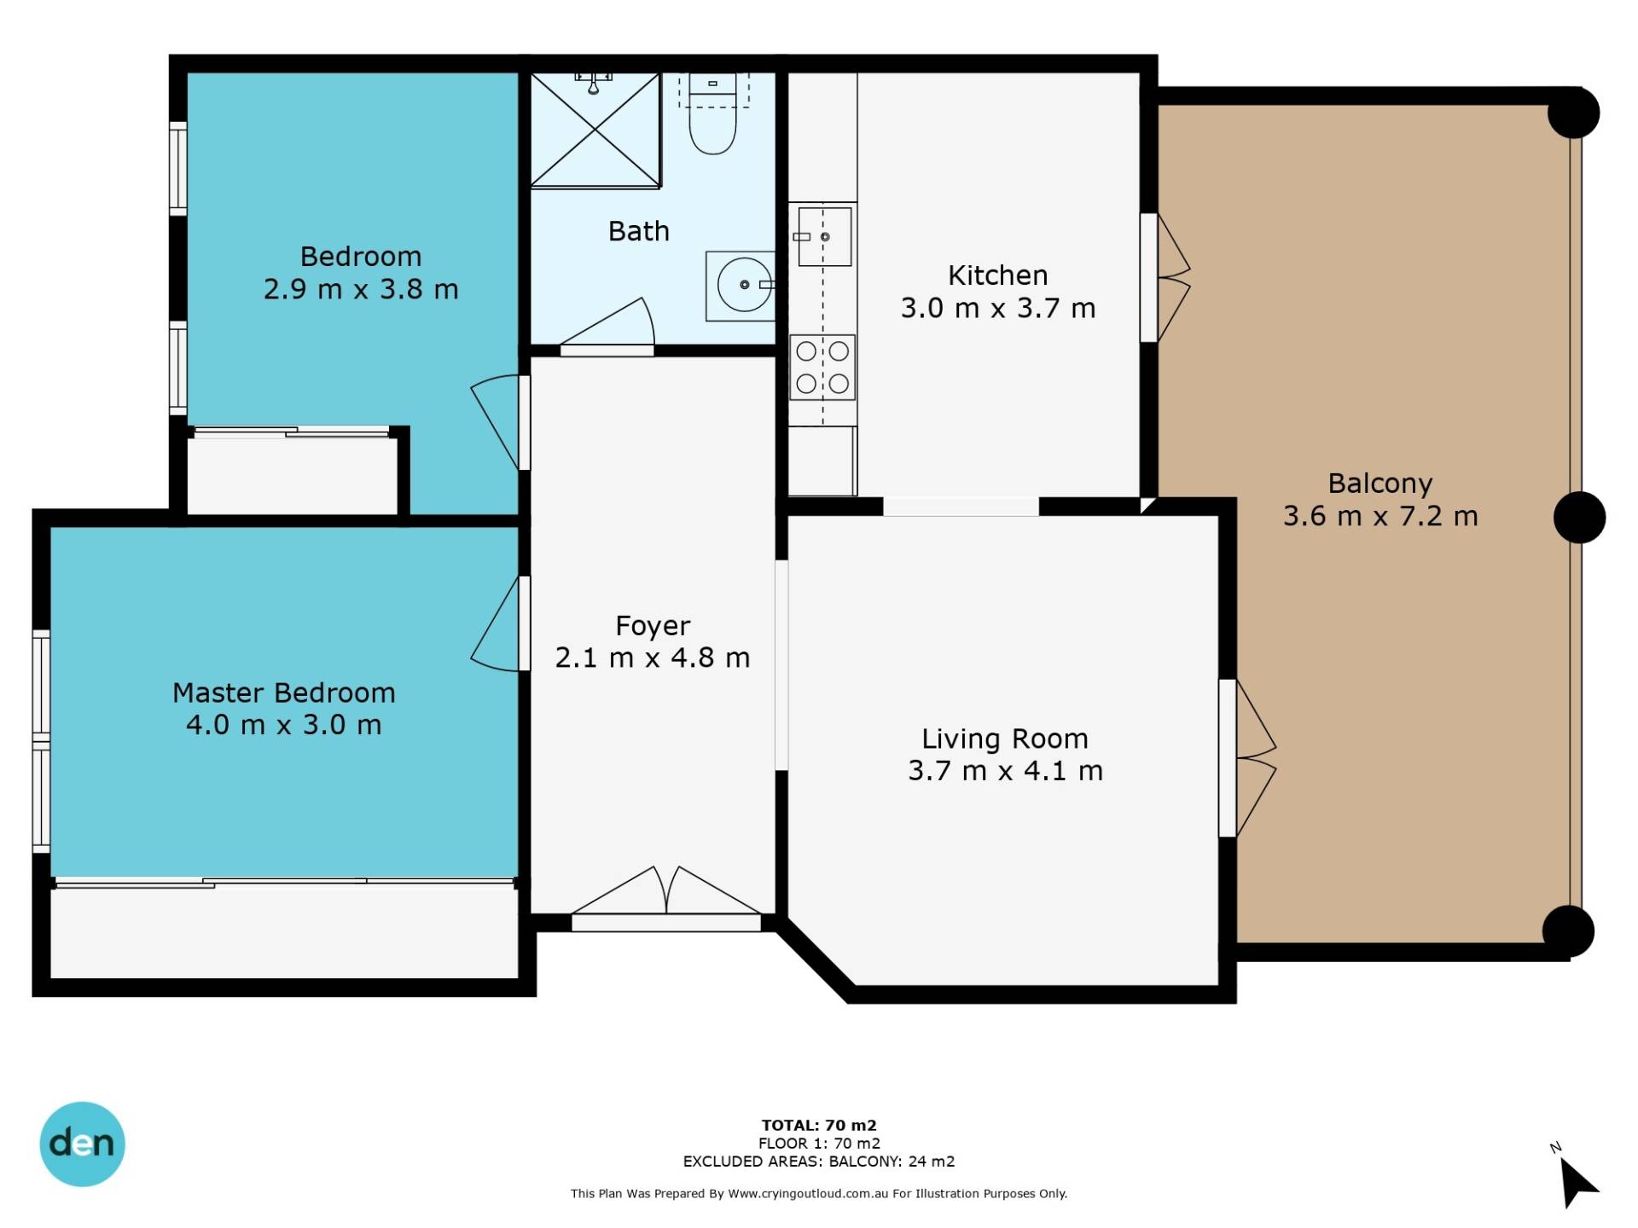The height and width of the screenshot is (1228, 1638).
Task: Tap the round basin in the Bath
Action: (x=744, y=285)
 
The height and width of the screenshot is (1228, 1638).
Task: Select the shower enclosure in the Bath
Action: (x=595, y=130)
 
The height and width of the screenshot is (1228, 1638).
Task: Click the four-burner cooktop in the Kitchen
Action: (x=822, y=368)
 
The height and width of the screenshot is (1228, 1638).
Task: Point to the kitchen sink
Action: (x=823, y=236)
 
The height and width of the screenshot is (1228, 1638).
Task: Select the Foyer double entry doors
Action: (x=666, y=898)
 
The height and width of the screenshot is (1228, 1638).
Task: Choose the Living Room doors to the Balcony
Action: (x=1247, y=757)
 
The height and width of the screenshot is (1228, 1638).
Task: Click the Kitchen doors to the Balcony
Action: (x=1165, y=278)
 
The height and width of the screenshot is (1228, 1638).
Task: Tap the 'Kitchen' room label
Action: (x=997, y=275)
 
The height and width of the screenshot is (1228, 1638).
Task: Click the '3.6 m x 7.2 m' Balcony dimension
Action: (x=1380, y=516)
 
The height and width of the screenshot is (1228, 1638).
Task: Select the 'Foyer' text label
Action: (x=653, y=626)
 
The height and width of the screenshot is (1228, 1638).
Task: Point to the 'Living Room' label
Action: (x=1005, y=739)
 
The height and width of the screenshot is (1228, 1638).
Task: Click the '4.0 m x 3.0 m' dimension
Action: (x=283, y=725)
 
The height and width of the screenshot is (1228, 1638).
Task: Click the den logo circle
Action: (x=82, y=1144)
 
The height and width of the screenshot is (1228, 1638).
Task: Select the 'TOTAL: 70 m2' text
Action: (x=819, y=1125)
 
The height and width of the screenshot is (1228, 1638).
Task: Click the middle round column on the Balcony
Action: (x=1579, y=518)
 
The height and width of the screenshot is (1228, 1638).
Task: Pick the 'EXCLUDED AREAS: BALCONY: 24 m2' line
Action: (x=819, y=1161)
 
